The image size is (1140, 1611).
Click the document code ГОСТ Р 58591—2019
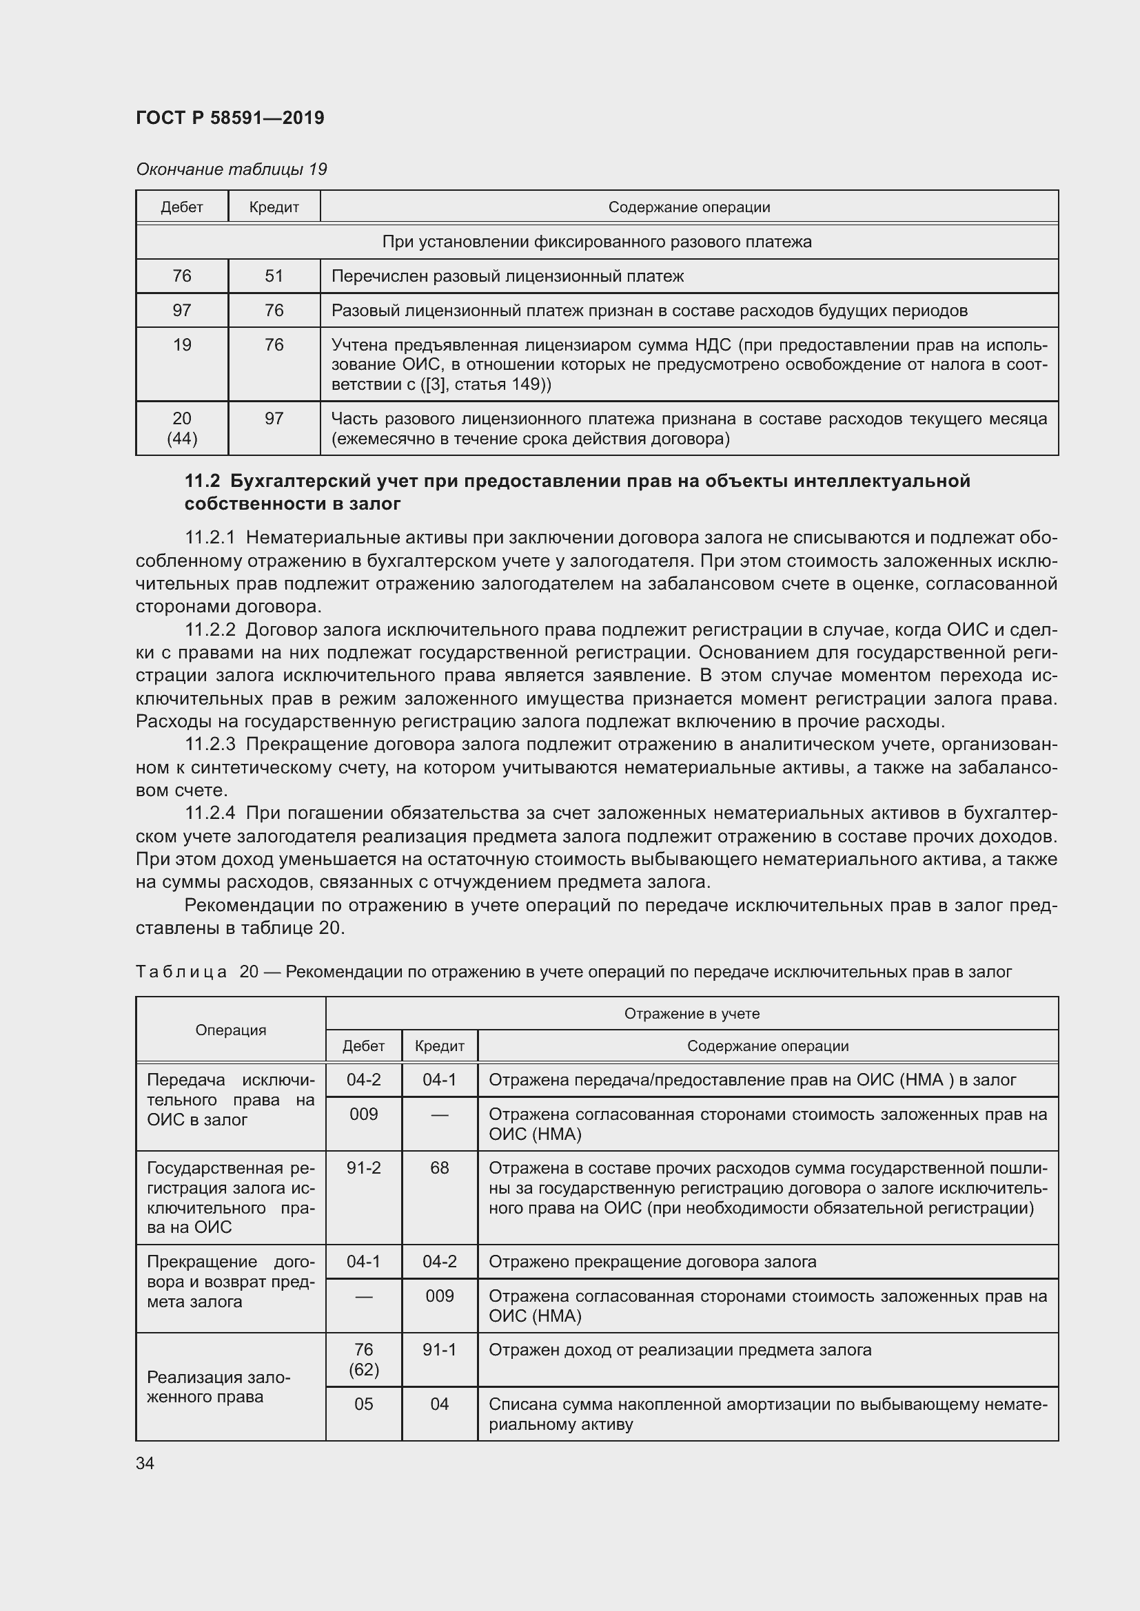tap(230, 118)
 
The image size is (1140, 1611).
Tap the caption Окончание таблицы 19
tap(231, 169)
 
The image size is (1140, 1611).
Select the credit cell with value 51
tap(274, 276)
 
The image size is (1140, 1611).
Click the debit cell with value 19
tap(182, 344)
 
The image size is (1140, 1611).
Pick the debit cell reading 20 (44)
tap(182, 428)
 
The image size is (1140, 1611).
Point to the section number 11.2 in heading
tap(202, 481)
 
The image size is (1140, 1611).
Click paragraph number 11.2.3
tap(210, 744)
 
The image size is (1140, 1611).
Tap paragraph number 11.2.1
tap(210, 537)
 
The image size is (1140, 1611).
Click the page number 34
tap(145, 1463)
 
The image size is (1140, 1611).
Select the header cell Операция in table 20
tap(231, 1029)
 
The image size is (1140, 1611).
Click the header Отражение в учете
tap(691, 1013)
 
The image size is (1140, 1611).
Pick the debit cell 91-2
tap(364, 1167)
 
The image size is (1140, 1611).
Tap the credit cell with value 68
tap(440, 1167)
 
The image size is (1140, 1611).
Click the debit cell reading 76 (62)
tap(364, 1359)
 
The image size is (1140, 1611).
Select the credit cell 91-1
tap(440, 1349)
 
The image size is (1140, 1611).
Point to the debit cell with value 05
tap(364, 1404)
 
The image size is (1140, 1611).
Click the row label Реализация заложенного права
tap(218, 1386)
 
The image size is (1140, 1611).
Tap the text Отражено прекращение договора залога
tap(652, 1262)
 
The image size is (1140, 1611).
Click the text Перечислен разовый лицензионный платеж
tap(507, 276)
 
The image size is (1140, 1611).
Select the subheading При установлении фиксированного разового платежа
tap(597, 241)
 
